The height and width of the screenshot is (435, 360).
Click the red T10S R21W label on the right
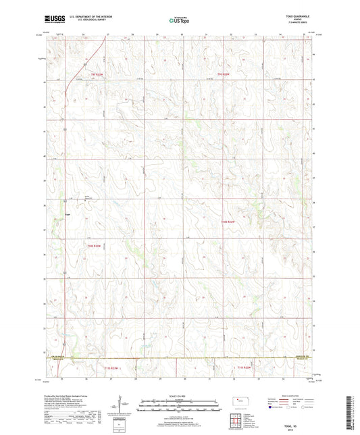[x=227, y=222]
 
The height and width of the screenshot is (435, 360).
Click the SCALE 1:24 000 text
[x=179, y=395]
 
